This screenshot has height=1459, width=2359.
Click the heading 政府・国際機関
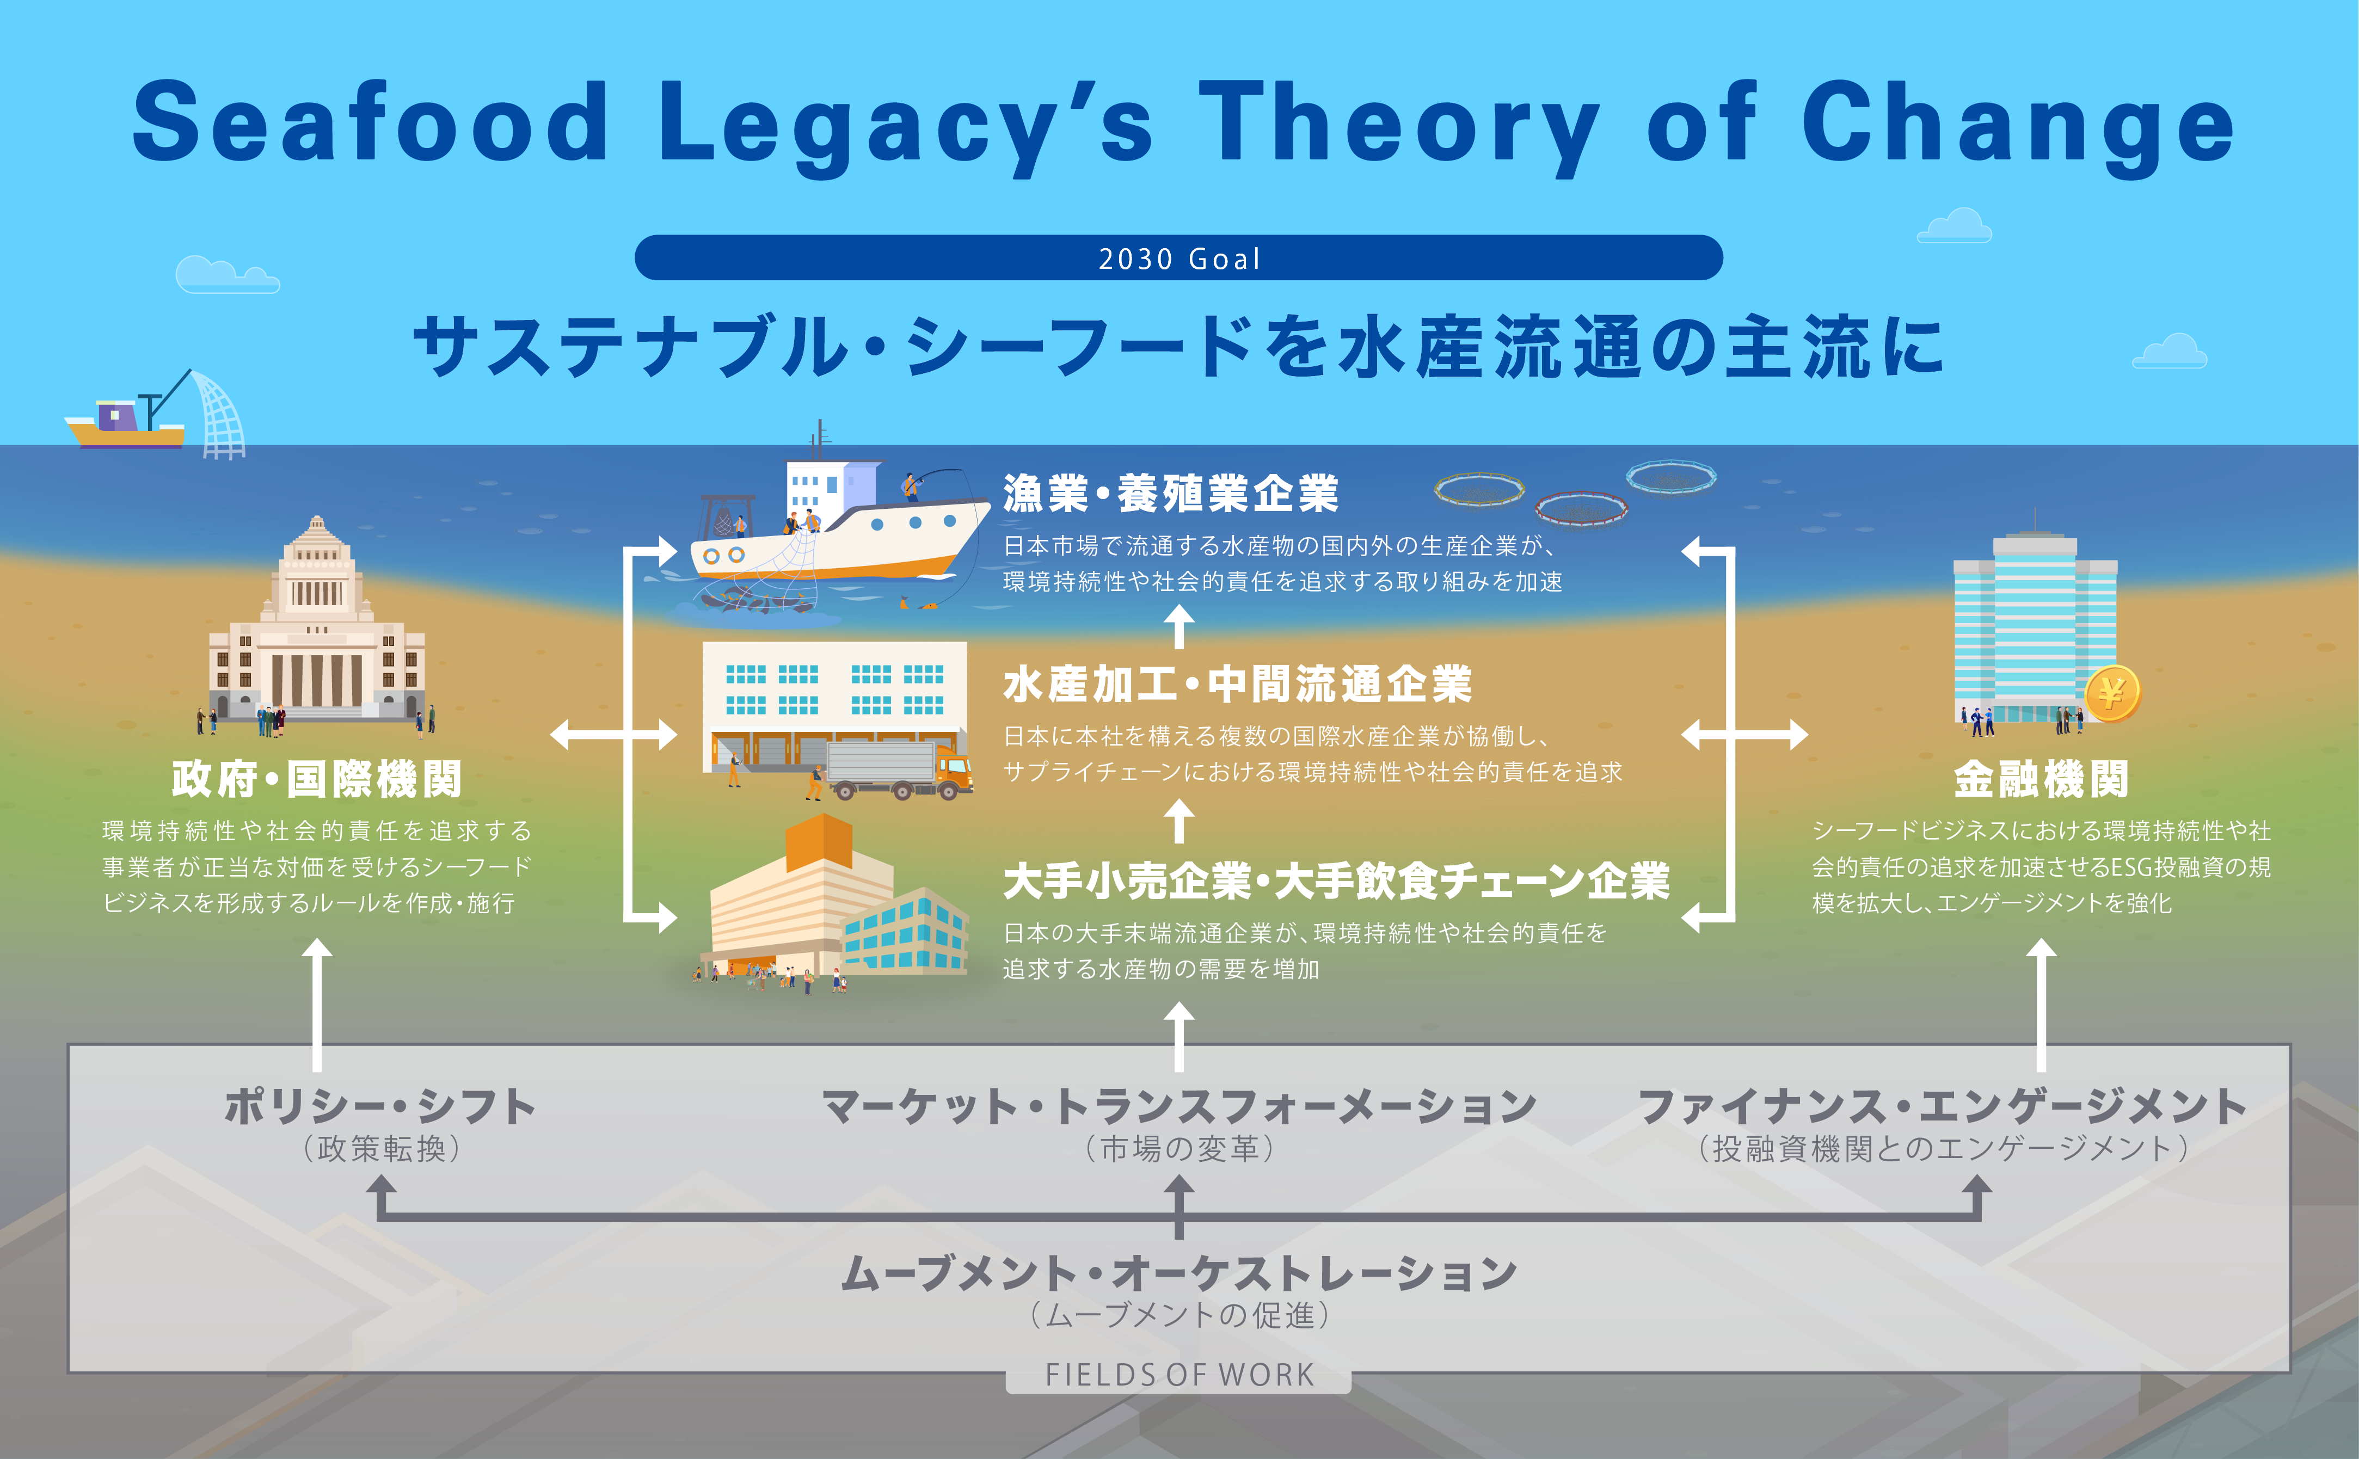pyautogui.click(x=316, y=779)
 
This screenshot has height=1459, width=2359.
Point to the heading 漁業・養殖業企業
pyautogui.click(x=1170, y=494)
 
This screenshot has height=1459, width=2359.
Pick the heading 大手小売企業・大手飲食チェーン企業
pyautogui.click(x=1336, y=880)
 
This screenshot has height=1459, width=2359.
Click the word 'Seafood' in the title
pyautogui.click(x=371, y=124)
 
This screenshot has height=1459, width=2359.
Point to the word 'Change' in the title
pyautogui.click(x=2017, y=124)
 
